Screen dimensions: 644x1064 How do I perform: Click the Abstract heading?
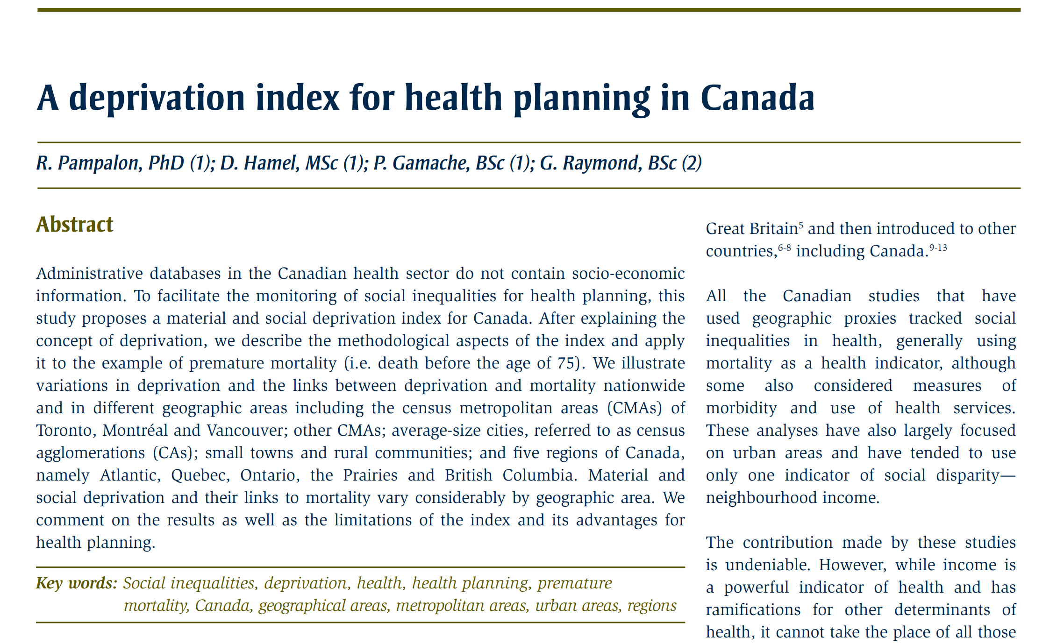75,225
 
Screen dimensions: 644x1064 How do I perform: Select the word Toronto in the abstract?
64,431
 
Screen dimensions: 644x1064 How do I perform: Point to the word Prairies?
370,475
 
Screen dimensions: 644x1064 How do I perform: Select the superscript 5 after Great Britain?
801,225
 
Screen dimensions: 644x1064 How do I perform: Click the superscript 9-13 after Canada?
938,248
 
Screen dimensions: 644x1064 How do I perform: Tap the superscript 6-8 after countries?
785,248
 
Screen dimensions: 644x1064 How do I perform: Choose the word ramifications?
753,610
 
